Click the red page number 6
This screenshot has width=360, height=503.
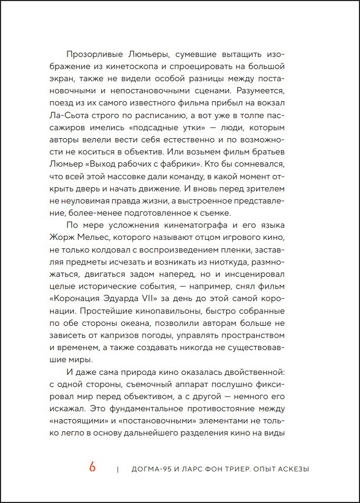click(92, 467)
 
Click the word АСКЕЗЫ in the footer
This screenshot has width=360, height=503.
click(291, 469)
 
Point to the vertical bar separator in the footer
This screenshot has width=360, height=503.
click(118, 469)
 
